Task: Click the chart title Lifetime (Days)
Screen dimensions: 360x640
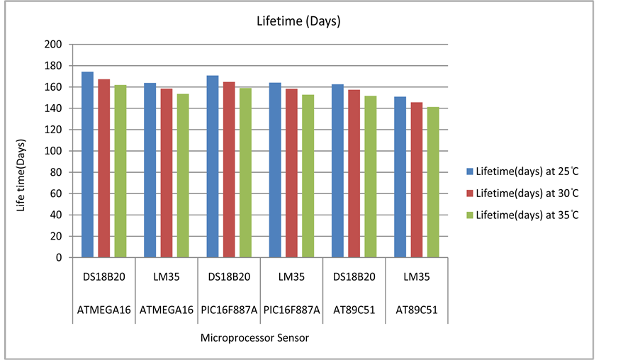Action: (298, 21)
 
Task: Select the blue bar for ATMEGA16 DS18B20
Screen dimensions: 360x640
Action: (87, 164)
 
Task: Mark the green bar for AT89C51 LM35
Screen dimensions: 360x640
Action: (433, 182)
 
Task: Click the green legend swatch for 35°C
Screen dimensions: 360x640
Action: (469, 215)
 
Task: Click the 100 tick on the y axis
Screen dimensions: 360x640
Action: (54, 151)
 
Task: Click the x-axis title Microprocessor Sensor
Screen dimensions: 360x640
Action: (254, 338)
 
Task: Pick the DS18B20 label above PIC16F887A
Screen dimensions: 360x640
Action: (228, 277)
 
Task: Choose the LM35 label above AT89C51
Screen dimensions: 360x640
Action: (416, 277)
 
